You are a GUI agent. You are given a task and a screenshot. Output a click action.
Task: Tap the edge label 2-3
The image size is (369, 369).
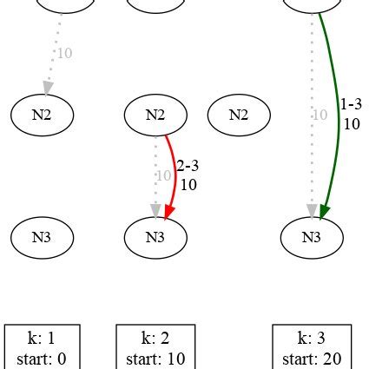188,167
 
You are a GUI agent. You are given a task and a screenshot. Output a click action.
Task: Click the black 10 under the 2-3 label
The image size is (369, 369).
188,184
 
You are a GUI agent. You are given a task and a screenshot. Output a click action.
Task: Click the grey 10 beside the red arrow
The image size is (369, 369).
162,175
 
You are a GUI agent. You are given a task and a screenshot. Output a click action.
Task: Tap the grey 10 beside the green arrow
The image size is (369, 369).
319,115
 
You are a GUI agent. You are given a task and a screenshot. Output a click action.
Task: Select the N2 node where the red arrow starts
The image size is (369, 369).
155,115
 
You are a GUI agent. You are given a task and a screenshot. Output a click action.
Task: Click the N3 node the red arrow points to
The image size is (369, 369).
155,236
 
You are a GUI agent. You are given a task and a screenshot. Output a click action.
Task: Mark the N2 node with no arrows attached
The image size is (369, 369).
239,115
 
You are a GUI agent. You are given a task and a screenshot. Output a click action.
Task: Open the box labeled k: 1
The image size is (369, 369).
43,347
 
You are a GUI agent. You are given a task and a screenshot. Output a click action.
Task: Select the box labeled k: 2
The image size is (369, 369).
155,347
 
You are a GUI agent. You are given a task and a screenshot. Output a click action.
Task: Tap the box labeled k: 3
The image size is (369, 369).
312,347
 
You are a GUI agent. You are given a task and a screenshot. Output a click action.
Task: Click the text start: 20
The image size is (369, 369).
312,359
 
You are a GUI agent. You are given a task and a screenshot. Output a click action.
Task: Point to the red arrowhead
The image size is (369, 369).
168,211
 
